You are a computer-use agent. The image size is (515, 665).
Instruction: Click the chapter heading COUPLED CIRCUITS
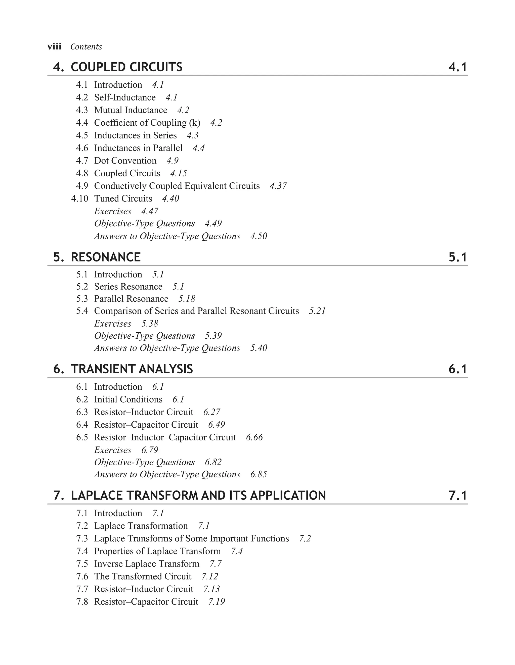click(x=126, y=67)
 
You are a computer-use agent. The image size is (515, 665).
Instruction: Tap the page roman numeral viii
click(x=54, y=46)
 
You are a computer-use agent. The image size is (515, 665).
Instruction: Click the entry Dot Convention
click(x=125, y=161)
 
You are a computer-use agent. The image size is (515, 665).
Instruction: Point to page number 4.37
click(x=278, y=186)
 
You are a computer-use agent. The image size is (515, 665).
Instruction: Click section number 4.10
click(x=79, y=198)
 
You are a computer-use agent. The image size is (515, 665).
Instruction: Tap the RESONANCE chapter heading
click(x=105, y=257)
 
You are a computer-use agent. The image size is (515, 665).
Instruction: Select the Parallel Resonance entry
click(x=131, y=299)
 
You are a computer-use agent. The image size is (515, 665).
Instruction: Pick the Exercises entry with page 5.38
click(x=113, y=323)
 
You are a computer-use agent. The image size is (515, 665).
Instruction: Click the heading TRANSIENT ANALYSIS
click(x=132, y=369)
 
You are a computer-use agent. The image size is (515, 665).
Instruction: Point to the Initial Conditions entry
click(x=128, y=399)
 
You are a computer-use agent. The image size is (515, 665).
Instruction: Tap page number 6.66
click(x=254, y=437)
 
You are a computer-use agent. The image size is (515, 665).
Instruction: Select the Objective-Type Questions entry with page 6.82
click(x=144, y=462)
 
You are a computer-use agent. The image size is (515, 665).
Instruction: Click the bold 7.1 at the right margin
click(x=457, y=495)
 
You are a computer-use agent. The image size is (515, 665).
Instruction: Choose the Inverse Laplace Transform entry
click(x=147, y=564)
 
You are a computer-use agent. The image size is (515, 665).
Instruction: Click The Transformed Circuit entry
click(x=143, y=576)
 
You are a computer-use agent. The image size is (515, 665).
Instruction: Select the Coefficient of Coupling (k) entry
click(x=147, y=123)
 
